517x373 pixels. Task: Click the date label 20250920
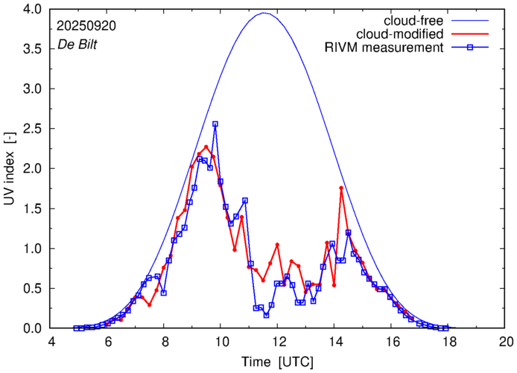pos(86,25)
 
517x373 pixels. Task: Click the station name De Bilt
pos(77,44)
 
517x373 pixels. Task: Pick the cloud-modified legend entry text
pos(399,34)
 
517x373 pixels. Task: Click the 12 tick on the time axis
pos(279,342)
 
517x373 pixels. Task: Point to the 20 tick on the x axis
pos(506,342)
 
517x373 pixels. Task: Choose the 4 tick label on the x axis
pos(51,342)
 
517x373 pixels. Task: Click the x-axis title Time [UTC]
pos(279,361)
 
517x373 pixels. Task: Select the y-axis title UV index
pos(10,168)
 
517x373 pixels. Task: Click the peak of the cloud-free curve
pos(264,13)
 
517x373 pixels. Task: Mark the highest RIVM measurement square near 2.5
pos(215,124)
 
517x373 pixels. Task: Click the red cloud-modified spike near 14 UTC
pos(341,188)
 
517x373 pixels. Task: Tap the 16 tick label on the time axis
pos(393,342)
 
